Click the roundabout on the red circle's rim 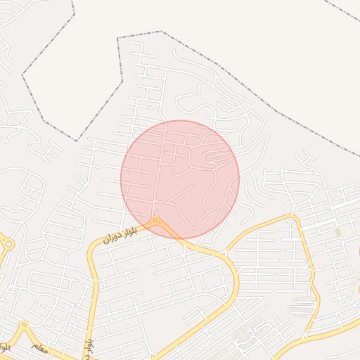155,222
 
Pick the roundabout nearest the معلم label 23,326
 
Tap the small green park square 337,233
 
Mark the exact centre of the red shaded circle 180,179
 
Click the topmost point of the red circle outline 180,120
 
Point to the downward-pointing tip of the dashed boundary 77,141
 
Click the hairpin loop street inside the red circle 210,159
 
